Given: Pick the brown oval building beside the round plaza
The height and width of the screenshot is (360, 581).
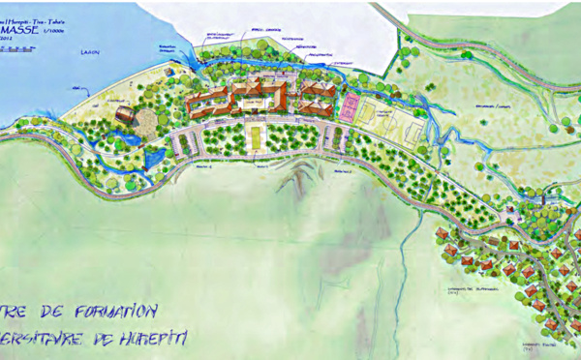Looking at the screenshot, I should click(x=123, y=115).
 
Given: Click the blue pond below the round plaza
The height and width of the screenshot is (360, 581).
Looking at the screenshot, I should click(x=153, y=156).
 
